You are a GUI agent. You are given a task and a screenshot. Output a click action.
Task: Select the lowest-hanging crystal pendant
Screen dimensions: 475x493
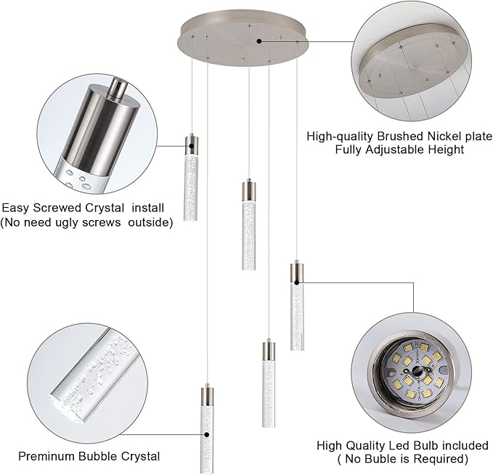(207, 436)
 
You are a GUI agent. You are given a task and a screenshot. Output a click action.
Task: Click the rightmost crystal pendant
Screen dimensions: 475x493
(296, 312)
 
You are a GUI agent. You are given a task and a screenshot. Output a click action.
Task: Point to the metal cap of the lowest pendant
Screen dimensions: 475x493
(207, 397)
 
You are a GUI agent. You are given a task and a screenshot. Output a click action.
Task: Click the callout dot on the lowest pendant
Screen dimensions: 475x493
(207, 435)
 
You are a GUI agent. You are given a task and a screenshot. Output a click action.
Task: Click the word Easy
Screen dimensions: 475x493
(15, 207)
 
